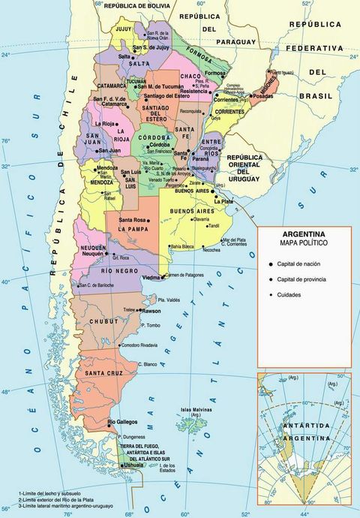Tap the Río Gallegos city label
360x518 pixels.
point(122,422)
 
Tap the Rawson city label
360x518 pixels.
point(151,310)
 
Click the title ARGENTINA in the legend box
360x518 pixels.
point(302,234)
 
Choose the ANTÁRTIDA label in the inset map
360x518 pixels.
point(304,425)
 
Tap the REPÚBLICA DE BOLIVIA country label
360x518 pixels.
point(136,5)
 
